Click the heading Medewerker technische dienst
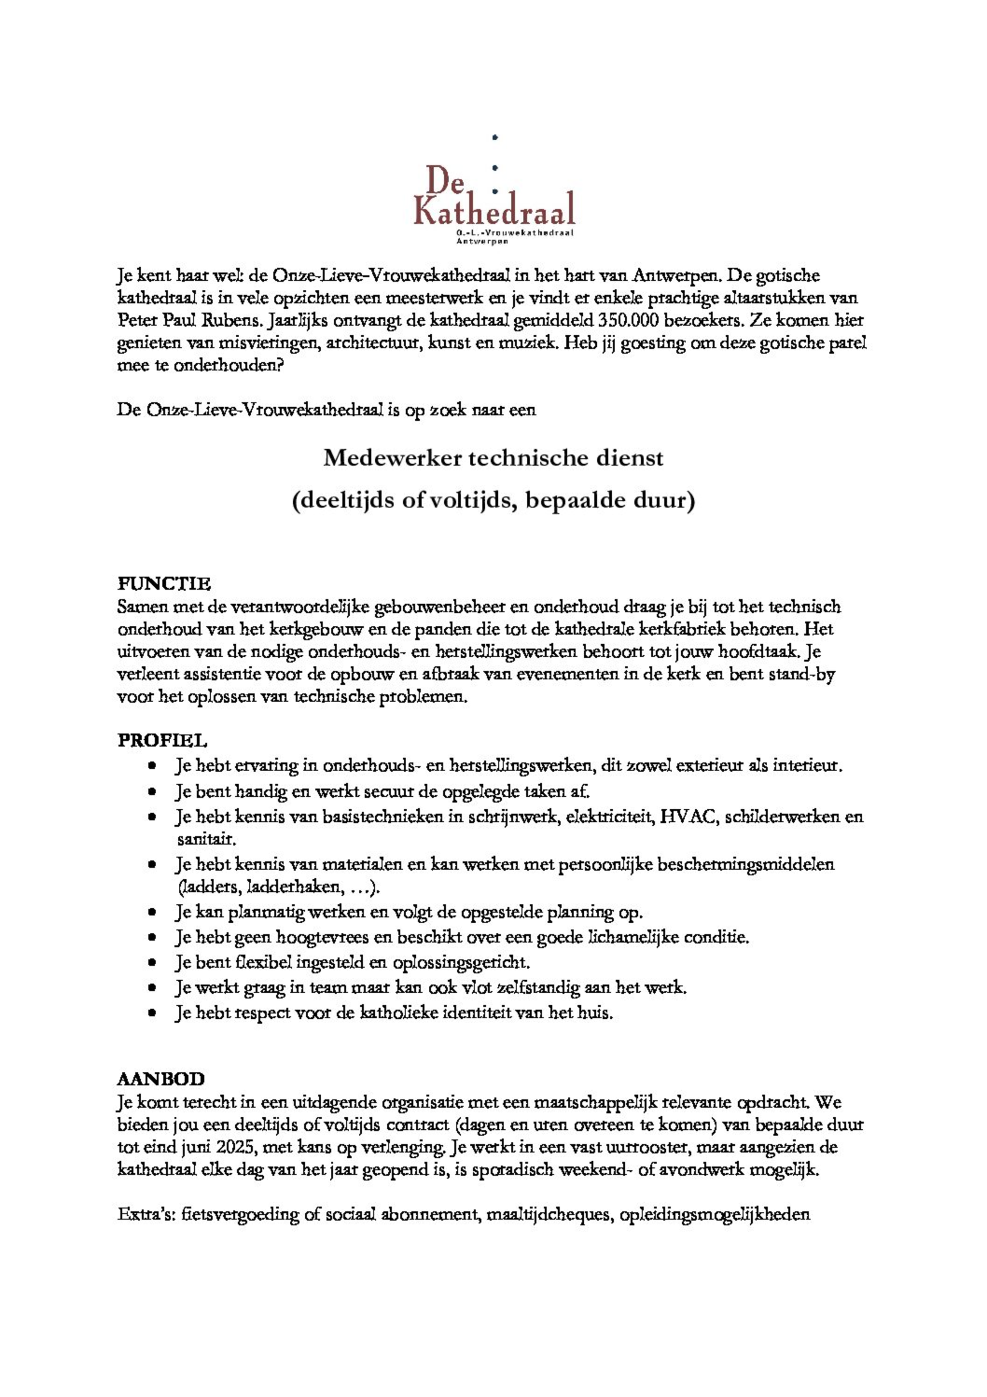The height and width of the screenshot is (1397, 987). click(x=493, y=458)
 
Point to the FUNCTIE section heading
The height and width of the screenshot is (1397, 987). click(x=164, y=584)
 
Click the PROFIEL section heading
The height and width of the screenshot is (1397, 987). click(x=162, y=741)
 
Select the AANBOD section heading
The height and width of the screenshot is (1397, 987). click(x=161, y=1079)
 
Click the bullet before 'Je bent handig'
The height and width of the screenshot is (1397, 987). click(x=152, y=792)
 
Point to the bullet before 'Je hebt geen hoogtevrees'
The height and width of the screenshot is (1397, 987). click(x=152, y=938)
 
